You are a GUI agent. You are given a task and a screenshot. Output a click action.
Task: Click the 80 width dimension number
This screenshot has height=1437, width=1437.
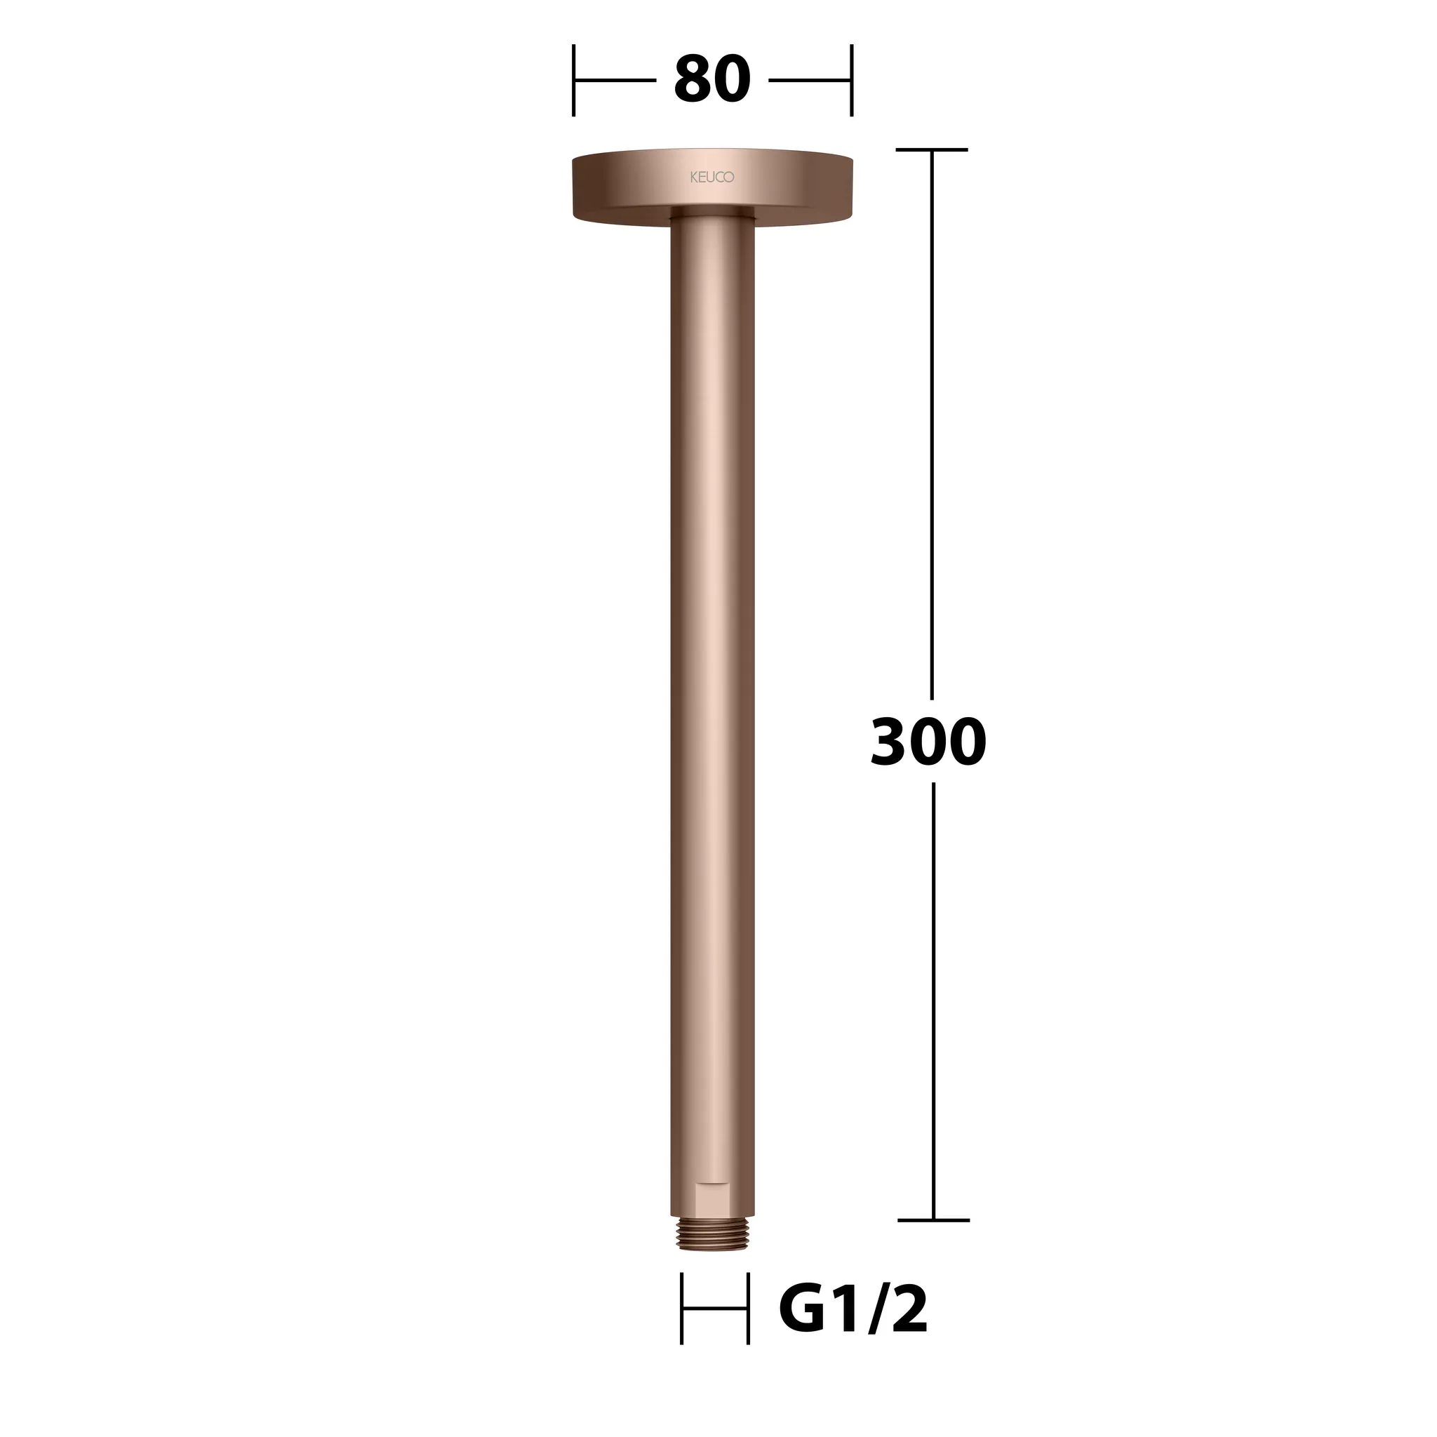(x=711, y=80)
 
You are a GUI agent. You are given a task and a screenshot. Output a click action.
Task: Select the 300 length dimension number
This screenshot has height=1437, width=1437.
(x=928, y=742)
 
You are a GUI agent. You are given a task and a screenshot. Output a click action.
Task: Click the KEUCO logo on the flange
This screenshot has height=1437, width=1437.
(x=711, y=178)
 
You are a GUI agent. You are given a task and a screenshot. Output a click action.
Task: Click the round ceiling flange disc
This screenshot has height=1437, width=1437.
(x=711, y=186)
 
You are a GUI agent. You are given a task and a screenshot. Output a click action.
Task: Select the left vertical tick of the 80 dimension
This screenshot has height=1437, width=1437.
(x=573, y=80)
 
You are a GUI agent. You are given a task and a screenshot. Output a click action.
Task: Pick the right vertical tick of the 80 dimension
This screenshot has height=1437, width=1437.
(x=852, y=80)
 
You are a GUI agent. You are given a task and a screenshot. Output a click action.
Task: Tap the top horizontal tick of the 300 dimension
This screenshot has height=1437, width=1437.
(x=932, y=149)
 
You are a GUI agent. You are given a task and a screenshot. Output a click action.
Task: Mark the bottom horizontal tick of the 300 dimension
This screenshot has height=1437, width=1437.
(x=933, y=1219)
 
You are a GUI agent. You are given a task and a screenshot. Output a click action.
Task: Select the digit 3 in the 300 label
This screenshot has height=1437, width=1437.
(x=889, y=742)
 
